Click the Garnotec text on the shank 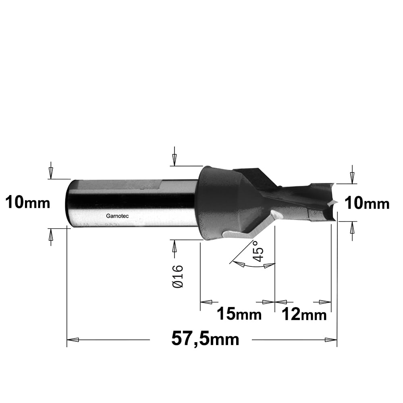coord(117,216)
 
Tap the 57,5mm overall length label coord(205,339)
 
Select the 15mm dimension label coord(239,314)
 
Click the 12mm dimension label coord(304,314)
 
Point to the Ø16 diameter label coord(178,276)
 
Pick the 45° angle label coord(258,251)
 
